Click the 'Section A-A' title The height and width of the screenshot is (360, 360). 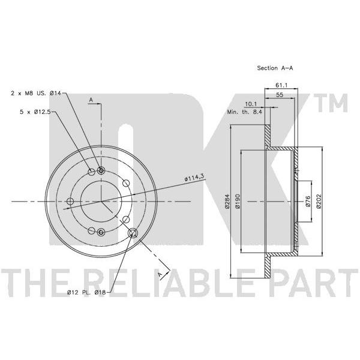point(275,68)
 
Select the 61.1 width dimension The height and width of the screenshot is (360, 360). point(281,85)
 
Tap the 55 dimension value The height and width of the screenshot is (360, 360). point(280,95)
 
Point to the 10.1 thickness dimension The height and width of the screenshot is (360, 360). point(251,104)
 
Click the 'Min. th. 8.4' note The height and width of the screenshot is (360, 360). point(245,112)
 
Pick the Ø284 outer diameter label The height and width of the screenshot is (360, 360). point(227,202)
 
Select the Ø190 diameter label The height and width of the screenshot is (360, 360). point(238,202)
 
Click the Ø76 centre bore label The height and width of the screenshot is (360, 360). point(308,202)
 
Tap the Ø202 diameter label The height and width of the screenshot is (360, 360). point(319,202)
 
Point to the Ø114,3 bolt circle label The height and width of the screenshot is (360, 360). point(194,177)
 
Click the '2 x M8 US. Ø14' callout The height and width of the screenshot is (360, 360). point(36,93)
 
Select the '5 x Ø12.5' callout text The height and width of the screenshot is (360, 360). point(35,112)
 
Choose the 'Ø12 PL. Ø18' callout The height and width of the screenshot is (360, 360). point(86,292)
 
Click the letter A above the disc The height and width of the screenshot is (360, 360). point(91,100)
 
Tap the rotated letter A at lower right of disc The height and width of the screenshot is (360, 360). point(160,274)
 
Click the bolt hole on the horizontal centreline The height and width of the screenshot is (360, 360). point(70,202)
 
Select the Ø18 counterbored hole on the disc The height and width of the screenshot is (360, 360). point(133,233)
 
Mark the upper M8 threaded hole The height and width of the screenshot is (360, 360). point(101,170)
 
